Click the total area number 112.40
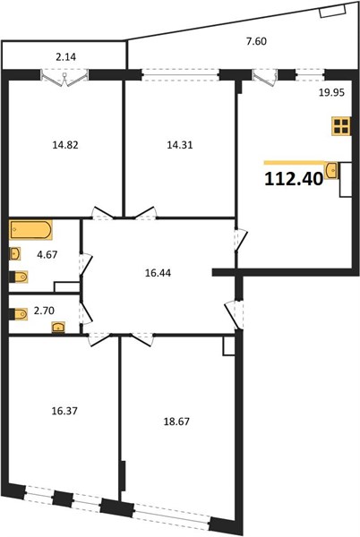pyautogui.click(x=294, y=179)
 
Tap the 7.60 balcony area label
pyautogui.click(x=256, y=41)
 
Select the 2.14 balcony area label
pyautogui.click(x=65, y=57)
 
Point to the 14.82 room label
pyautogui.click(x=65, y=145)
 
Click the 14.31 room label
pyautogui.click(x=180, y=145)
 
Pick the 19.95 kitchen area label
pyautogui.click(x=331, y=92)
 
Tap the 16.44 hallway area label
pyautogui.click(x=158, y=273)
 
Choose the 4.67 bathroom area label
pyautogui.click(x=47, y=255)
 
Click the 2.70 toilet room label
pyautogui.click(x=44, y=311)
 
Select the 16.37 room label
pyautogui.click(x=64, y=410)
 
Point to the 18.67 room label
pyautogui.click(x=176, y=422)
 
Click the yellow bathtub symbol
pyautogui.click(x=30, y=230)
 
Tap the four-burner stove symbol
pyautogui.click(x=341, y=125)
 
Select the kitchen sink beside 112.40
pyautogui.click(x=331, y=171)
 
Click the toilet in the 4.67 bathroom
pyautogui.click(x=19, y=277)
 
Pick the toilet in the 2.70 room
pyautogui.click(x=19, y=314)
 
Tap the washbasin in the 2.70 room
pyautogui.click(x=59, y=328)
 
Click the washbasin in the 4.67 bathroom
pyautogui.click(x=15, y=254)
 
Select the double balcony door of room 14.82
pyautogui.click(x=64, y=79)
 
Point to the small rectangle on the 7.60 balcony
pyautogui.click(x=327, y=13)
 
